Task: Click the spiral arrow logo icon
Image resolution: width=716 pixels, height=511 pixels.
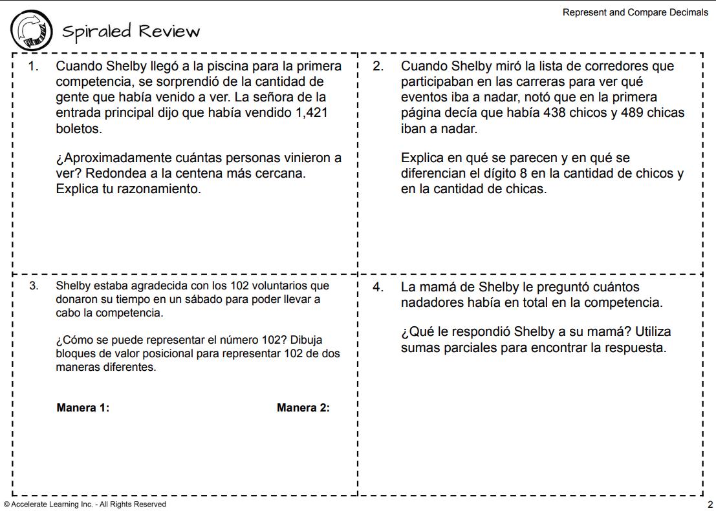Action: (31, 30)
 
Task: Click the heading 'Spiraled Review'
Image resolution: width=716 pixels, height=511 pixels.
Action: (131, 31)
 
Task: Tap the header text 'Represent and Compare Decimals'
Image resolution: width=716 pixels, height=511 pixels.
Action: (635, 12)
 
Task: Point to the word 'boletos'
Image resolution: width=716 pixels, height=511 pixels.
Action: (79, 129)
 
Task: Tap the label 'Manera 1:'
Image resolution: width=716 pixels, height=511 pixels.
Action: (83, 408)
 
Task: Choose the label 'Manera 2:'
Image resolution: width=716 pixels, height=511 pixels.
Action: (303, 408)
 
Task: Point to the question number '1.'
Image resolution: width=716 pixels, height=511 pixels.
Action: (34, 67)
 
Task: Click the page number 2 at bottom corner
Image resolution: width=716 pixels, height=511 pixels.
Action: (710, 504)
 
